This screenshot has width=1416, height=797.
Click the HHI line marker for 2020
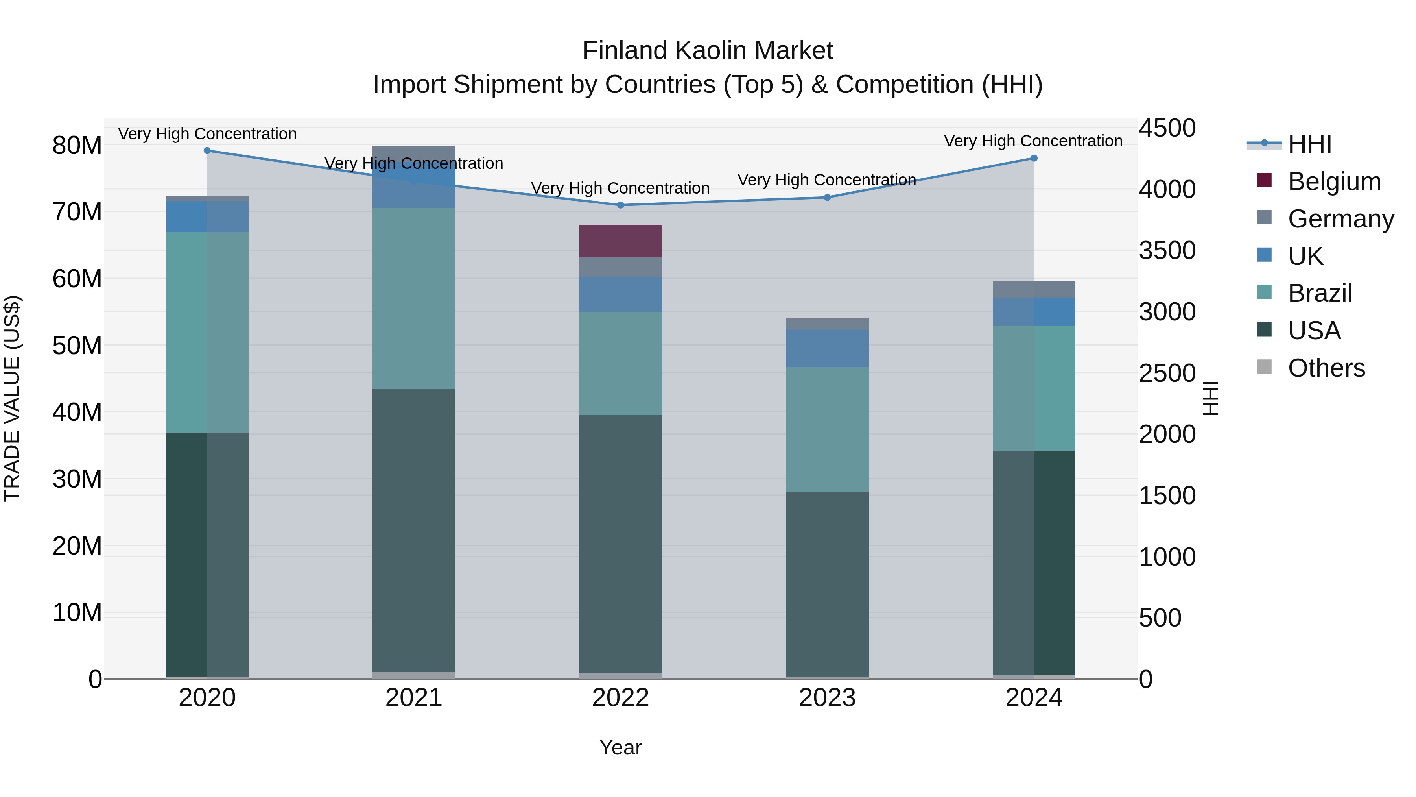point(207,151)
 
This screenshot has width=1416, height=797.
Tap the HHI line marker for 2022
point(621,205)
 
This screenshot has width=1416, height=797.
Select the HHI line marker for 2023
point(827,198)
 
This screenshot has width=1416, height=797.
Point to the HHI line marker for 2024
point(1034,158)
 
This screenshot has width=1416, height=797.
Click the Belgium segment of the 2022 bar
point(621,241)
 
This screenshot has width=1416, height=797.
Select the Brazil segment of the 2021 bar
point(414,298)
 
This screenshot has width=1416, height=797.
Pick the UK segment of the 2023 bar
point(827,348)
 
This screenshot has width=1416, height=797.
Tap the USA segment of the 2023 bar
point(827,583)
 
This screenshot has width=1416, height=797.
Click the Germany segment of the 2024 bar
point(1034,289)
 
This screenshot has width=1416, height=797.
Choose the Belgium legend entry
point(1334,181)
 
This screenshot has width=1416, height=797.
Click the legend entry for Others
point(1326,368)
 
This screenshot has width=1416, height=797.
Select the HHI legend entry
point(1309,144)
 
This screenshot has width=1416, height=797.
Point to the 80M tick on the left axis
point(77,146)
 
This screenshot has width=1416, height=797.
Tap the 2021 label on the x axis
point(414,698)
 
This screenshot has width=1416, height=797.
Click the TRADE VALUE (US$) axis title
point(12,398)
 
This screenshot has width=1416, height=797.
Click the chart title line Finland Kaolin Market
point(708,51)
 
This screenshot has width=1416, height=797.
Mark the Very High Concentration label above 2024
point(1033,141)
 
